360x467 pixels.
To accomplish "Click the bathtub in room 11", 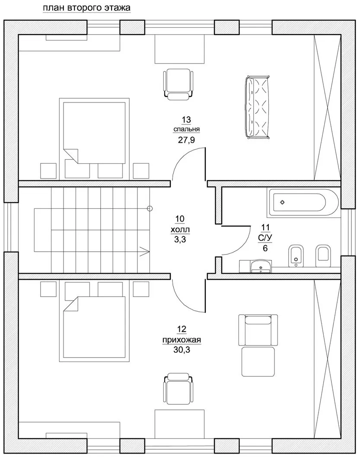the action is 303,202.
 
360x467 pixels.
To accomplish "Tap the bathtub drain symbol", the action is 282,202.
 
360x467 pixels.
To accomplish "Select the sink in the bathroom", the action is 261,266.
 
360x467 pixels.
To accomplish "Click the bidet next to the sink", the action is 295,256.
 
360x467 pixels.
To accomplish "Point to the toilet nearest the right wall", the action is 323,256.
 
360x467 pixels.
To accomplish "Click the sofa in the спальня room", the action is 258,107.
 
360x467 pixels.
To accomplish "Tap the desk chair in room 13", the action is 178,84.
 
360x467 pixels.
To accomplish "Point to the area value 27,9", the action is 186,140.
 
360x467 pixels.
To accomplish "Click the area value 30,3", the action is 182,350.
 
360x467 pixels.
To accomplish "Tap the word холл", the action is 180,230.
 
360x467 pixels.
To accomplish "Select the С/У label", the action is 265,238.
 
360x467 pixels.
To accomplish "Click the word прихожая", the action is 182,340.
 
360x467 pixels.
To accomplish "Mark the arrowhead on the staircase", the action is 145,252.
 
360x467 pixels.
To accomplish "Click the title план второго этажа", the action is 86,8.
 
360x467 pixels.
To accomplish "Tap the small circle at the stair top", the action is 150,208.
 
